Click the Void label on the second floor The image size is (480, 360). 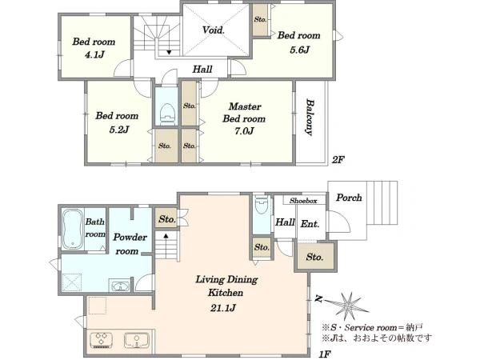click(x=214, y=30)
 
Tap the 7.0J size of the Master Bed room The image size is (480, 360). click(x=244, y=131)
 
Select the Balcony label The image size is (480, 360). click(x=310, y=117)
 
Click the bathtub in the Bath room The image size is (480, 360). click(x=73, y=229)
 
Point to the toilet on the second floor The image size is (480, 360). click(x=167, y=114)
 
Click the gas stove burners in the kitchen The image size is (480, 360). click(x=102, y=340)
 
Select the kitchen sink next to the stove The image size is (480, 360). click(x=137, y=340)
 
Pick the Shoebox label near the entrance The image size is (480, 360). click(x=303, y=201)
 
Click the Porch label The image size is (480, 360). click(x=349, y=198)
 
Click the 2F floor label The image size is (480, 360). click(x=338, y=160)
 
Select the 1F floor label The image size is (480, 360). click(x=325, y=354)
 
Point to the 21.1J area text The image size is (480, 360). click(x=223, y=308)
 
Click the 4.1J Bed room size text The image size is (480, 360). click(x=94, y=54)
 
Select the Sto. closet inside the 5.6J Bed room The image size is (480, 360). click(x=260, y=20)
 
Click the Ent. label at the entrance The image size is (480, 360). click(x=310, y=224)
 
